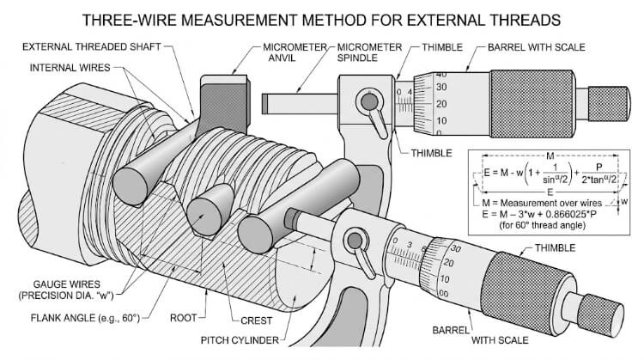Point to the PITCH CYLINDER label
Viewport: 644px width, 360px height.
[x=240, y=338]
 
